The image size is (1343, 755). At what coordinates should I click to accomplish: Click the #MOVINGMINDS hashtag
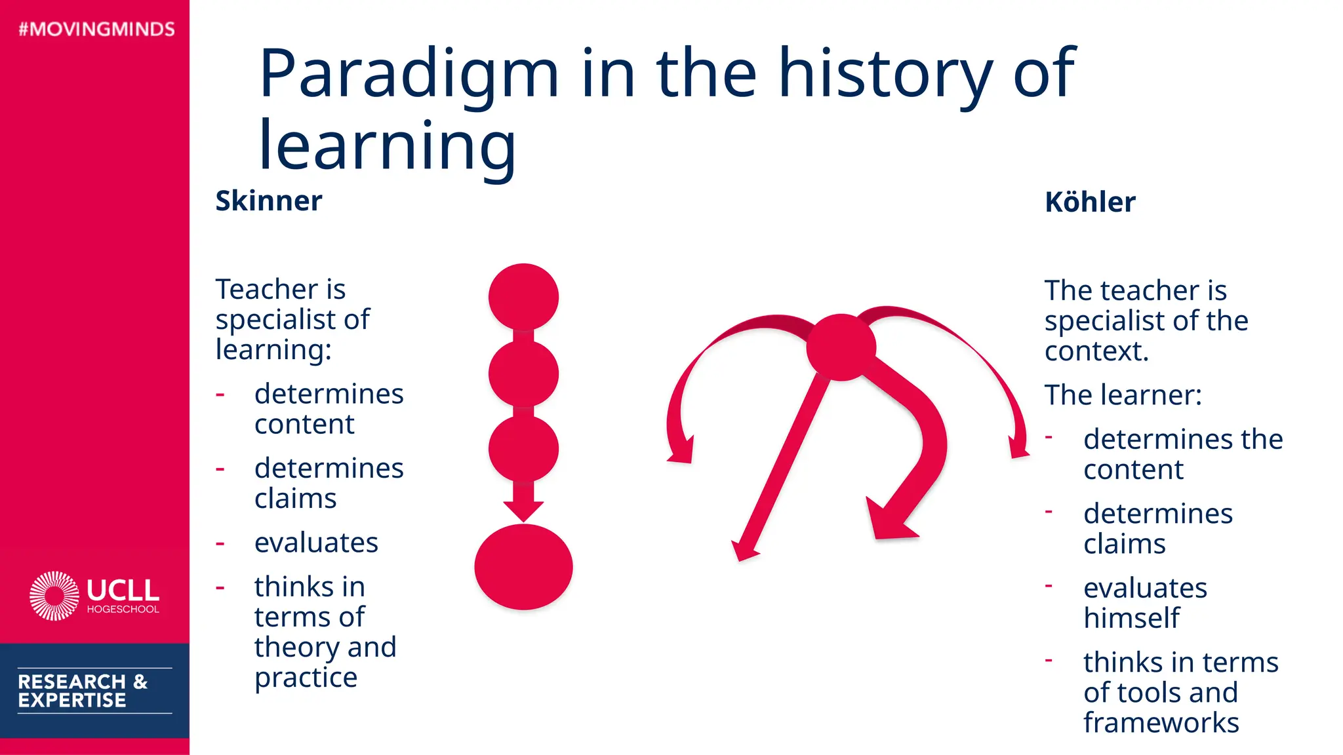(x=96, y=29)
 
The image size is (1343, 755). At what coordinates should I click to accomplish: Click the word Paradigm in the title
(x=409, y=73)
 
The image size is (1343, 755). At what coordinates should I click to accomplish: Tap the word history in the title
(x=885, y=73)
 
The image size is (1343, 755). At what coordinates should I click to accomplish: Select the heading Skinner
(x=268, y=201)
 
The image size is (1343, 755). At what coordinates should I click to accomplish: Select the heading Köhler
(x=1089, y=202)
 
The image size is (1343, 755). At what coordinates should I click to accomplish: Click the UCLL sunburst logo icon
(x=54, y=595)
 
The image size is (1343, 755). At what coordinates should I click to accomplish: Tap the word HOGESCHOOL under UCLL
(x=123, y=610)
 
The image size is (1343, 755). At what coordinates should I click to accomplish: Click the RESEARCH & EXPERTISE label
(x=83, y=691)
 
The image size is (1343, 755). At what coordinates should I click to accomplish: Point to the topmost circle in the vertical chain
(x=523, y=297)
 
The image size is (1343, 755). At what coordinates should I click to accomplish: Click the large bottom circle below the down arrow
(x=523, y=567)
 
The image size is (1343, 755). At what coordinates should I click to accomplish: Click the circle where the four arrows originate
(x=841, y=347)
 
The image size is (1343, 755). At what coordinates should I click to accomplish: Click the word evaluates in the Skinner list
(x=316, y=543)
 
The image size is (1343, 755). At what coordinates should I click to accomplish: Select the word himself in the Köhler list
(x=1131, y=618)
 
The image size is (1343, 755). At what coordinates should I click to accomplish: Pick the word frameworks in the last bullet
(x=1161, y=723)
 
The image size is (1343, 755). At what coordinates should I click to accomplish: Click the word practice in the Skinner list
(x=306, y=678)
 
